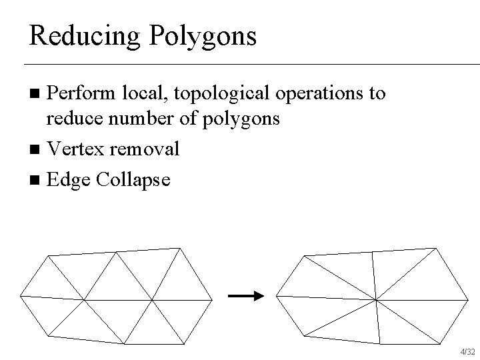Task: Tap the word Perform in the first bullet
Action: [x=73, y=93]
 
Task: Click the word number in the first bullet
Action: [x=138, y=121]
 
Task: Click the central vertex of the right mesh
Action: [x=377, y=300]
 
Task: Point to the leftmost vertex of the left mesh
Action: [x=21, y=295]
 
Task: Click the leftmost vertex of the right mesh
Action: [x=277, y=295]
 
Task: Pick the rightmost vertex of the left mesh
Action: [x=211, y=301]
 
